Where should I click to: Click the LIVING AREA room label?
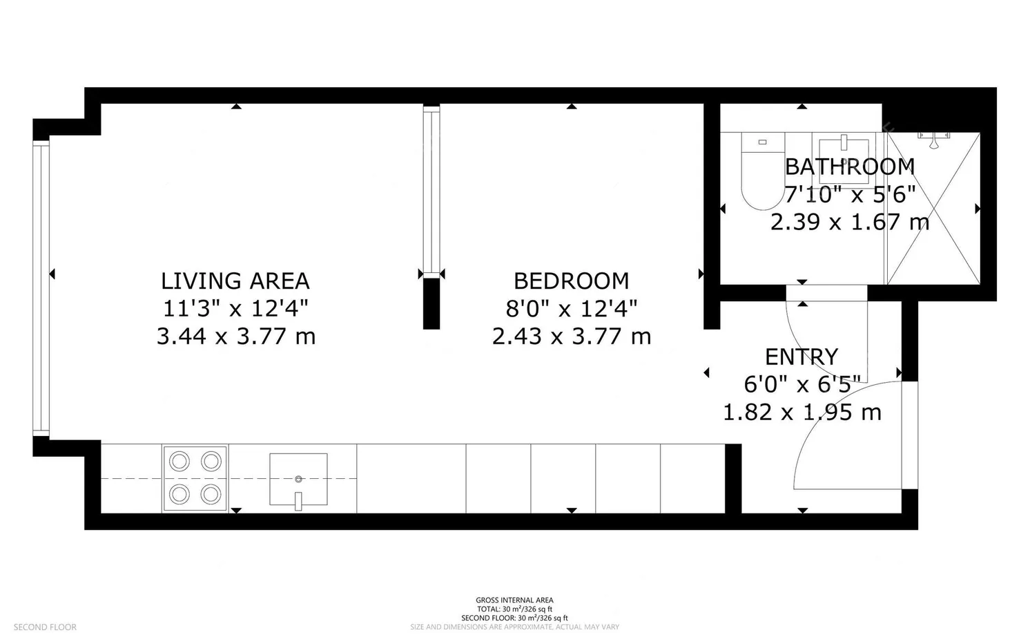click(x=235, y=281)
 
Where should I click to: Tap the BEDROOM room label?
click(x=571, y=281)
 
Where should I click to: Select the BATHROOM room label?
click(x=849, y=167)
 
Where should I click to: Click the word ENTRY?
click(x=801, y=357)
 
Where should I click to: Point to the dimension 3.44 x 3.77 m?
click(x=235, y=337)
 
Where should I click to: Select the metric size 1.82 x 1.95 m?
click(x=801, y=413)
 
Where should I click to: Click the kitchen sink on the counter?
click(x=298, y=478)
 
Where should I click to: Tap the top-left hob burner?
click(x=179, y=461)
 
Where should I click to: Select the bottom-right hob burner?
click(x=211, y=493)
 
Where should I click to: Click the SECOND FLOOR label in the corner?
click(x=45, y=627)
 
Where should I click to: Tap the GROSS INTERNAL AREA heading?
click(x=514, y=600)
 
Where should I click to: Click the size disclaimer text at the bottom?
click(x=514, y=627)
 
